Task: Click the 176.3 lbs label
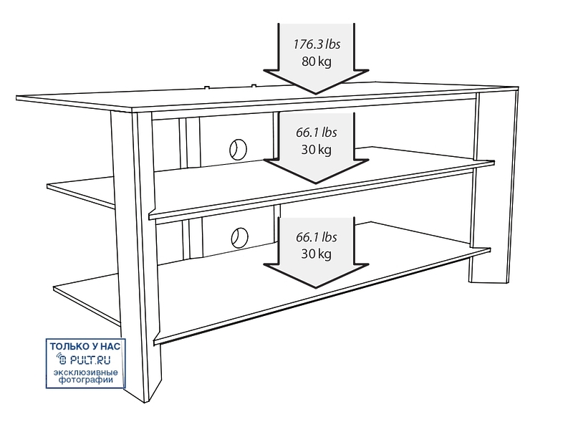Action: tap(317, 44)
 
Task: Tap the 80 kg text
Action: tap(317, 61)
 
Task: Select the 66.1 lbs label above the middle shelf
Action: tap(317, 133)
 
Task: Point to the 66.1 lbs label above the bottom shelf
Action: tap(317, 237)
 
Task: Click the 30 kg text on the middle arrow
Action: tap(317, 150)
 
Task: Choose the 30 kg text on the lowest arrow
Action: tap(317, 254)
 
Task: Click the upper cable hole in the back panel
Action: tap(239, 149)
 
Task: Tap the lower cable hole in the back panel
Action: tap(239, 238)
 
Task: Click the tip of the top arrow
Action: tap(316, 94)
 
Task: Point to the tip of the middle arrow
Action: tap(316, 183)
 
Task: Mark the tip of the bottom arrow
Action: tap(316, 287)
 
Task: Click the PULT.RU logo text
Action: tap(90, 360)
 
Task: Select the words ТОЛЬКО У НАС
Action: tap(85, 346)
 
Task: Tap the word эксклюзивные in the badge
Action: tap(86, 373)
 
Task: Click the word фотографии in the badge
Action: tap(86, 380)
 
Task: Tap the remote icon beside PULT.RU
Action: tap(62, 360)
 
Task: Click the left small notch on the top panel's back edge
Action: tap(207, 87)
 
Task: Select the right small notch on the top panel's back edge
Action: tap(254, 86)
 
